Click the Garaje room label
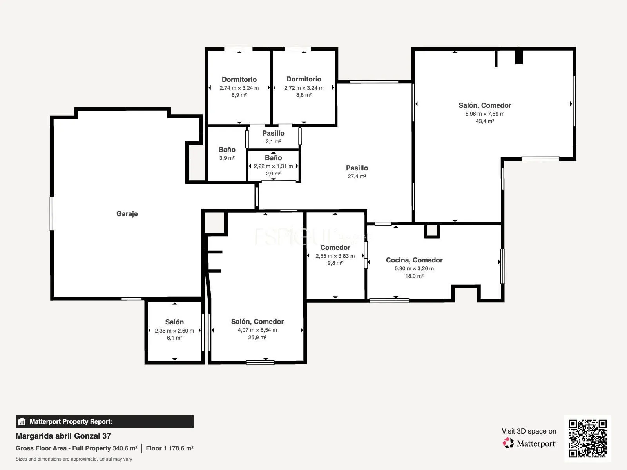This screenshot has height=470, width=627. [x=127, y=214]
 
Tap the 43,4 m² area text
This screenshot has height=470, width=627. [x=485, y=121]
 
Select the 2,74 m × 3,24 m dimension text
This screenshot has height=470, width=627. [x=239, y=88]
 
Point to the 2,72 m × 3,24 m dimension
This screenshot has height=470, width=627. [x=304, y=88]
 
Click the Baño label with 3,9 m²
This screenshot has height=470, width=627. [x=227, y=150]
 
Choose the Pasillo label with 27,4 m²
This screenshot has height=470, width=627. [x=357, y=168]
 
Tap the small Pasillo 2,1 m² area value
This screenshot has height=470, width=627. [x=274, y=141]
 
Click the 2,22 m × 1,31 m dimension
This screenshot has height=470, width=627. [x=274, y=166]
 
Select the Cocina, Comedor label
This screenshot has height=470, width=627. [x=414, y=260]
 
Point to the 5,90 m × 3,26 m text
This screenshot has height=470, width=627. [x=414, y=268]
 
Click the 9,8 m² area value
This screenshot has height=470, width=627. [x=335, y=263]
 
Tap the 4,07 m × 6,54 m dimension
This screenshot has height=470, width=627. [x=257, y=330]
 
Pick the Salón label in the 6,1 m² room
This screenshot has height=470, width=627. [x=174, y=322]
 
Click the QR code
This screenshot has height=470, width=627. [x=587, y=438]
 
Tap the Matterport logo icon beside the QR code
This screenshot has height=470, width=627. [x=508, y=443]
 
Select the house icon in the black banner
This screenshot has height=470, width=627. [x=22, y=421]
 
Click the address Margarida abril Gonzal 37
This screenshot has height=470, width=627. [x=63, y=436]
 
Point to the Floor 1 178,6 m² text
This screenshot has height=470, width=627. [x=170, y=448]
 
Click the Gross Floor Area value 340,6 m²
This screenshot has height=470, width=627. [x=125, y=448]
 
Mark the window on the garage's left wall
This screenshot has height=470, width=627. [x=52, y=214]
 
